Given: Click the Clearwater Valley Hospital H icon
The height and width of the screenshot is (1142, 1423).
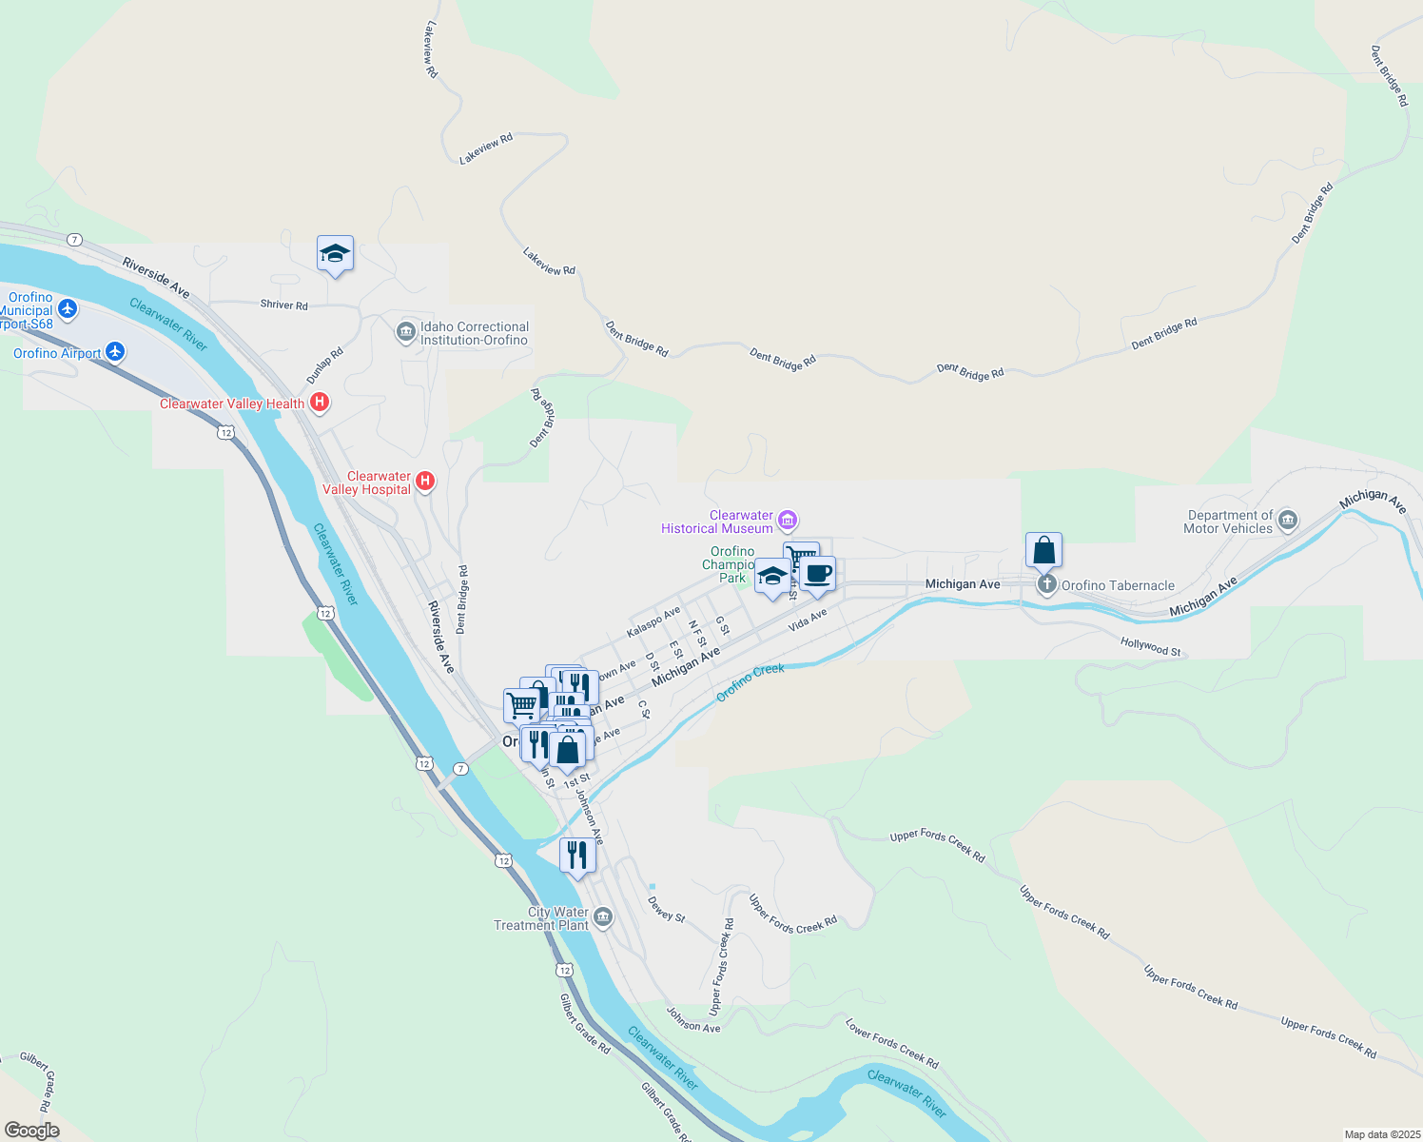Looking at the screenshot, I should pos(425,482).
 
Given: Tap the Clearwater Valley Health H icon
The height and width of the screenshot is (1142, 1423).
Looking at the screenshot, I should pos(320,403).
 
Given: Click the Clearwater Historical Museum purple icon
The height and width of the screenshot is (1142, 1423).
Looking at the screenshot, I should pos(788,520).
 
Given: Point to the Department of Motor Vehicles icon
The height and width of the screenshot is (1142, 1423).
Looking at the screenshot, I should pos(1288,520).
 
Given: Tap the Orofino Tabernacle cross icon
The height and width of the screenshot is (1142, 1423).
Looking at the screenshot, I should pos(1046,584).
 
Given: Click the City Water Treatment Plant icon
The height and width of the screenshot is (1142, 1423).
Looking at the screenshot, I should pos(603,917).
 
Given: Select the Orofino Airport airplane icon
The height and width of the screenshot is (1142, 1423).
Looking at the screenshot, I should pos(115,352).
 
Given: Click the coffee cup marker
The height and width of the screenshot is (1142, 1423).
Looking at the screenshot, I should pos(817,575).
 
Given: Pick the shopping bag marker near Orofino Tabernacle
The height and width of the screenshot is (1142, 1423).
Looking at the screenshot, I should pos(1043,551).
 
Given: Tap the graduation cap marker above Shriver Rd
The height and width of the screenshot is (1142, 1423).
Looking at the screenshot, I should pos(335,254).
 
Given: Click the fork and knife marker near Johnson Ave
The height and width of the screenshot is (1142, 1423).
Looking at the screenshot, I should pos(577,856).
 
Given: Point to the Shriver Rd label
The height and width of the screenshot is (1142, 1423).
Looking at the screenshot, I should pos(284,305).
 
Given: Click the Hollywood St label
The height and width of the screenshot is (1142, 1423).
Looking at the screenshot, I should pos(1150,647).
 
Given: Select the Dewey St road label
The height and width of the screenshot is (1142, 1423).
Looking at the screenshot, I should pos(667,909).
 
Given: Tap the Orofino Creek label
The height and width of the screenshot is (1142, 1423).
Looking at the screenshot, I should pos(750,682).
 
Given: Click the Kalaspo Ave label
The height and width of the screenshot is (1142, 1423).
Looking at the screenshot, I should pos(653,622).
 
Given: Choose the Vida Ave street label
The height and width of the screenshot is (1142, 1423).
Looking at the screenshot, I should pos(808,620).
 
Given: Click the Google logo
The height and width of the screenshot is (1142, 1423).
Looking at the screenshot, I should pos(32,1131).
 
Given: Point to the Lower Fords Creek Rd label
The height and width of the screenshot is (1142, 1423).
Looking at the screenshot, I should pos(892,1043).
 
